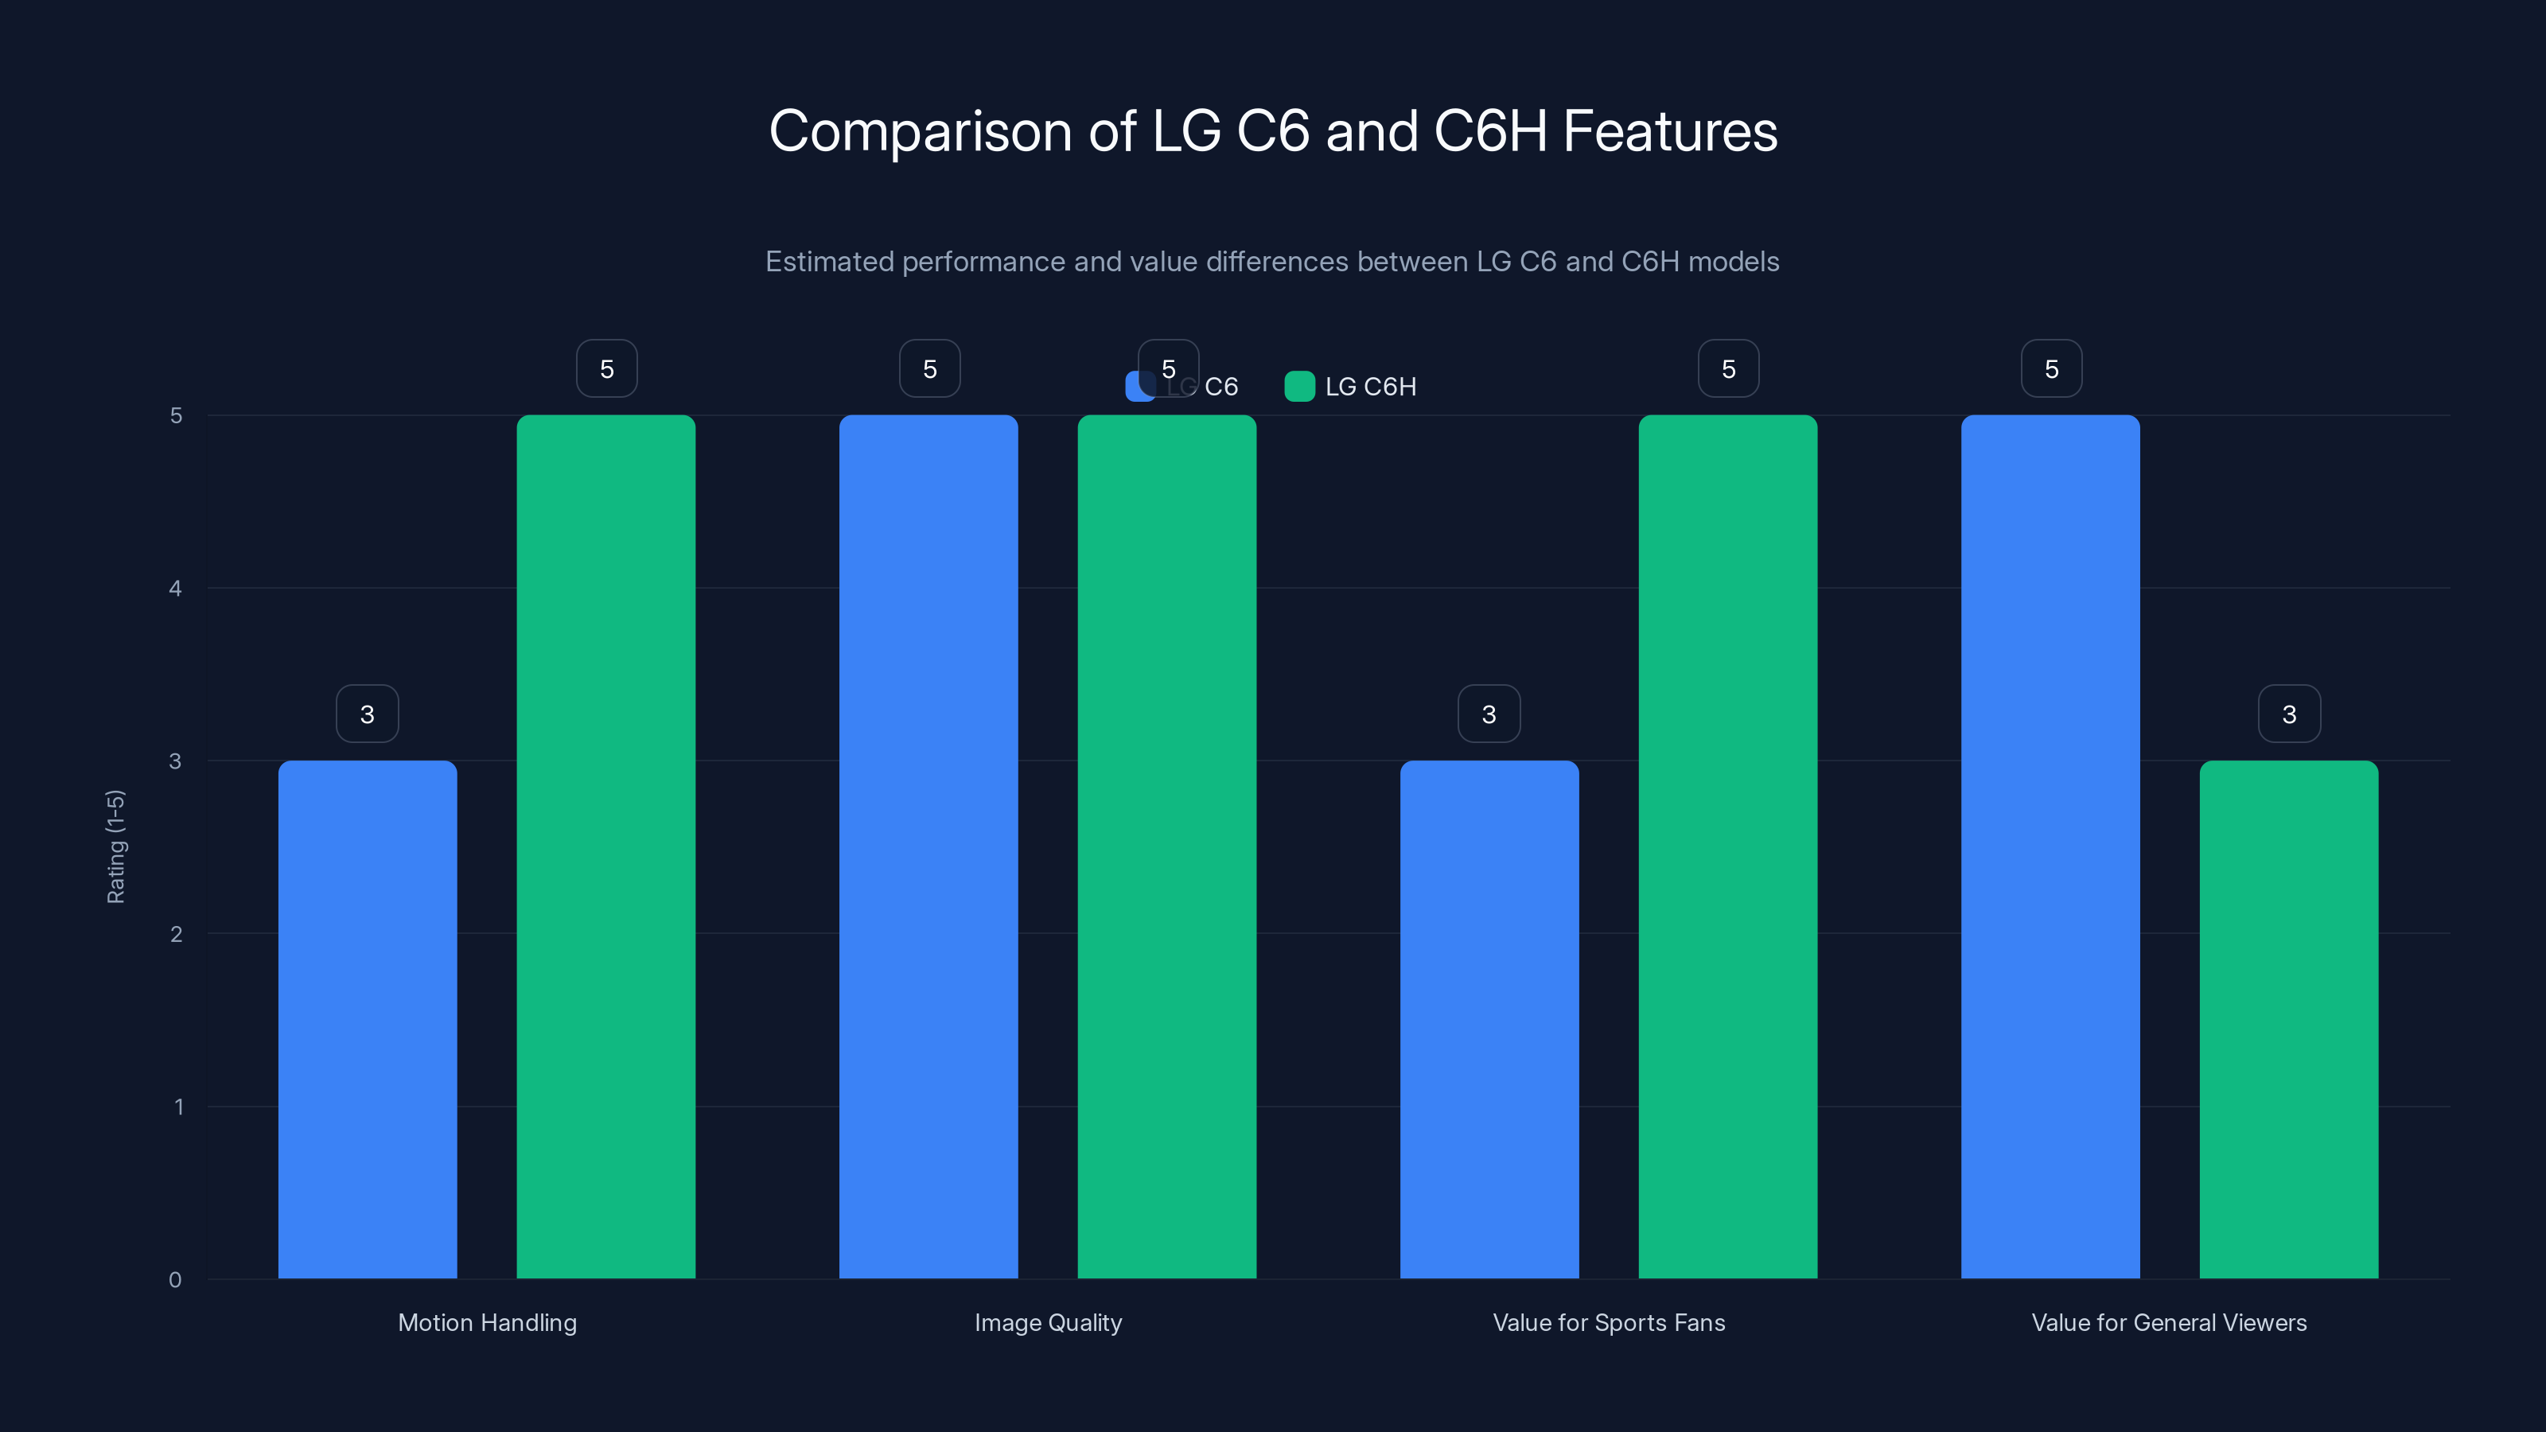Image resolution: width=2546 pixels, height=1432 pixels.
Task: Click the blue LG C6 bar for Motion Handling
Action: tap(367, 1018)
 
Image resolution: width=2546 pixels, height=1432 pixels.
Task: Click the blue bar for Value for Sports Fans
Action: tap(1489, 1018)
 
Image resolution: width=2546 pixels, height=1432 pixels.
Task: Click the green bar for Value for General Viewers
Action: tap(2288, 1018)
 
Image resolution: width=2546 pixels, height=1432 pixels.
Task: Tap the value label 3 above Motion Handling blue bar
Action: tap(367, 714)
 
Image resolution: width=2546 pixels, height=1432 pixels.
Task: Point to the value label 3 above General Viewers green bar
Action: tap(2289, 714)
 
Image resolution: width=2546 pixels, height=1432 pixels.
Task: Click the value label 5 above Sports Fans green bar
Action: tap(1727, 368)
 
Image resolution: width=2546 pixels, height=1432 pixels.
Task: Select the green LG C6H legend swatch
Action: tap(1298, 387)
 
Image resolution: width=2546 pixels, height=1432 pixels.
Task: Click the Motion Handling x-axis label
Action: tap(487, 1322)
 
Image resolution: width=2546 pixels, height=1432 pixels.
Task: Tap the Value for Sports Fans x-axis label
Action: tap(1608, 1322)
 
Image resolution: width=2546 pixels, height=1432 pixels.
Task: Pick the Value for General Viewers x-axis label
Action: tap(2168, 1322)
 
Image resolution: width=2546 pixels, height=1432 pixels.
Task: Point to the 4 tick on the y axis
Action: tap(175, 589)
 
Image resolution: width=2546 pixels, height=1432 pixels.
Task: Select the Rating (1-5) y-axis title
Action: tap(115, 846)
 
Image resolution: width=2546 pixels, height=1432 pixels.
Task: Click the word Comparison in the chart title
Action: tap(919, 131)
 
